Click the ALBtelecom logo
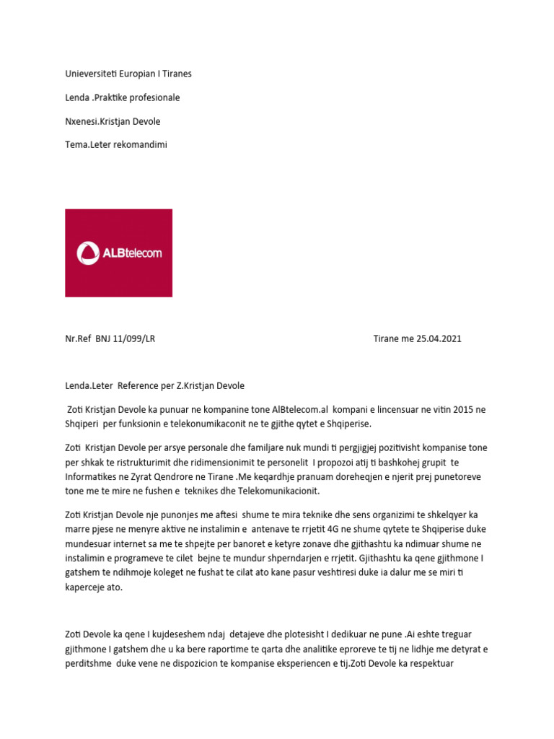[x=119, y=253]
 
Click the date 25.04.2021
[x=434, y=339]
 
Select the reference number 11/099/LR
[x=133, y=339]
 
